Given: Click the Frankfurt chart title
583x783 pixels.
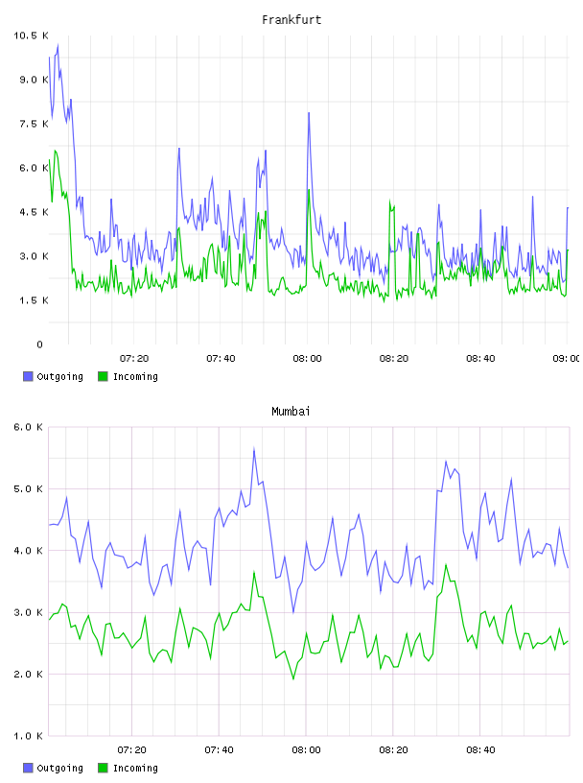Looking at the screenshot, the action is coord(291,20).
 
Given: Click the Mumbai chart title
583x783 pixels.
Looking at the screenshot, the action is coord(291,412).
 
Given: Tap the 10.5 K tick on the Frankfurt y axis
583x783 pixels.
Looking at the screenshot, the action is coord(31,36).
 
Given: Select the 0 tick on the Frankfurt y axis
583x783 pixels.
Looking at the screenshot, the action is coord(39,344).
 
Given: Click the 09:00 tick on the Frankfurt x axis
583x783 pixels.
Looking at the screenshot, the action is coord(567,359).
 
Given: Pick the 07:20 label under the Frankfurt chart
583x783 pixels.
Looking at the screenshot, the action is coord(134,359).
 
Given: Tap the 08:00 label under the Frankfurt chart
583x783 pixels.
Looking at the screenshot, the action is coord(307,359).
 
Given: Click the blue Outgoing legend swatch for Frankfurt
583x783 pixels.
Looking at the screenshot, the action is coord(28,376).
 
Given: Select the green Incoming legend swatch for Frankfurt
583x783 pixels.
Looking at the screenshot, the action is coord(103,376).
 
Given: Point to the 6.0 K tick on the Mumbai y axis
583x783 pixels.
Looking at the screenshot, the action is coord(29,427).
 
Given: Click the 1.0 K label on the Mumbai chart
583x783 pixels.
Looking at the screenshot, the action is coord(29,736).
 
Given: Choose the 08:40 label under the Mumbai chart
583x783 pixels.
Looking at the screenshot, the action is coord(480,750).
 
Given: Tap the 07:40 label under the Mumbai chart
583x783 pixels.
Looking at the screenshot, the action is coord(220,750).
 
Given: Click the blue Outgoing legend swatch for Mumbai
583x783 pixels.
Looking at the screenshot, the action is coord(28,768).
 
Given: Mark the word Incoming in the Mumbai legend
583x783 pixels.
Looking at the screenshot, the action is coord(135,768).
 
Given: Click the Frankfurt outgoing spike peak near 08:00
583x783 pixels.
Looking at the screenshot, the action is coord(309,113).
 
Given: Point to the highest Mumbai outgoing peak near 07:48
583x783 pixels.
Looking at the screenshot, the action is coord(254,449).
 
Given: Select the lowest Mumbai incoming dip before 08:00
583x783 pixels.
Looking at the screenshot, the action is coord(293,678).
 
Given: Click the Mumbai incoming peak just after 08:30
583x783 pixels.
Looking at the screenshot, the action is coord(446,565).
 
